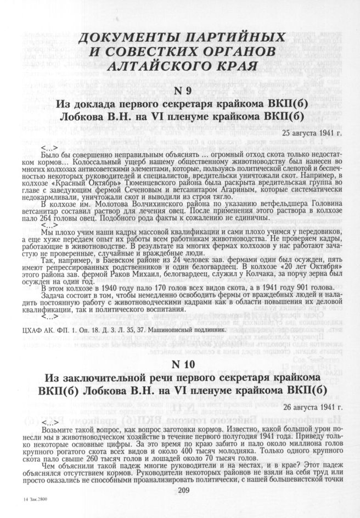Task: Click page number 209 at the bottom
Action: [x=180, y=489]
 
